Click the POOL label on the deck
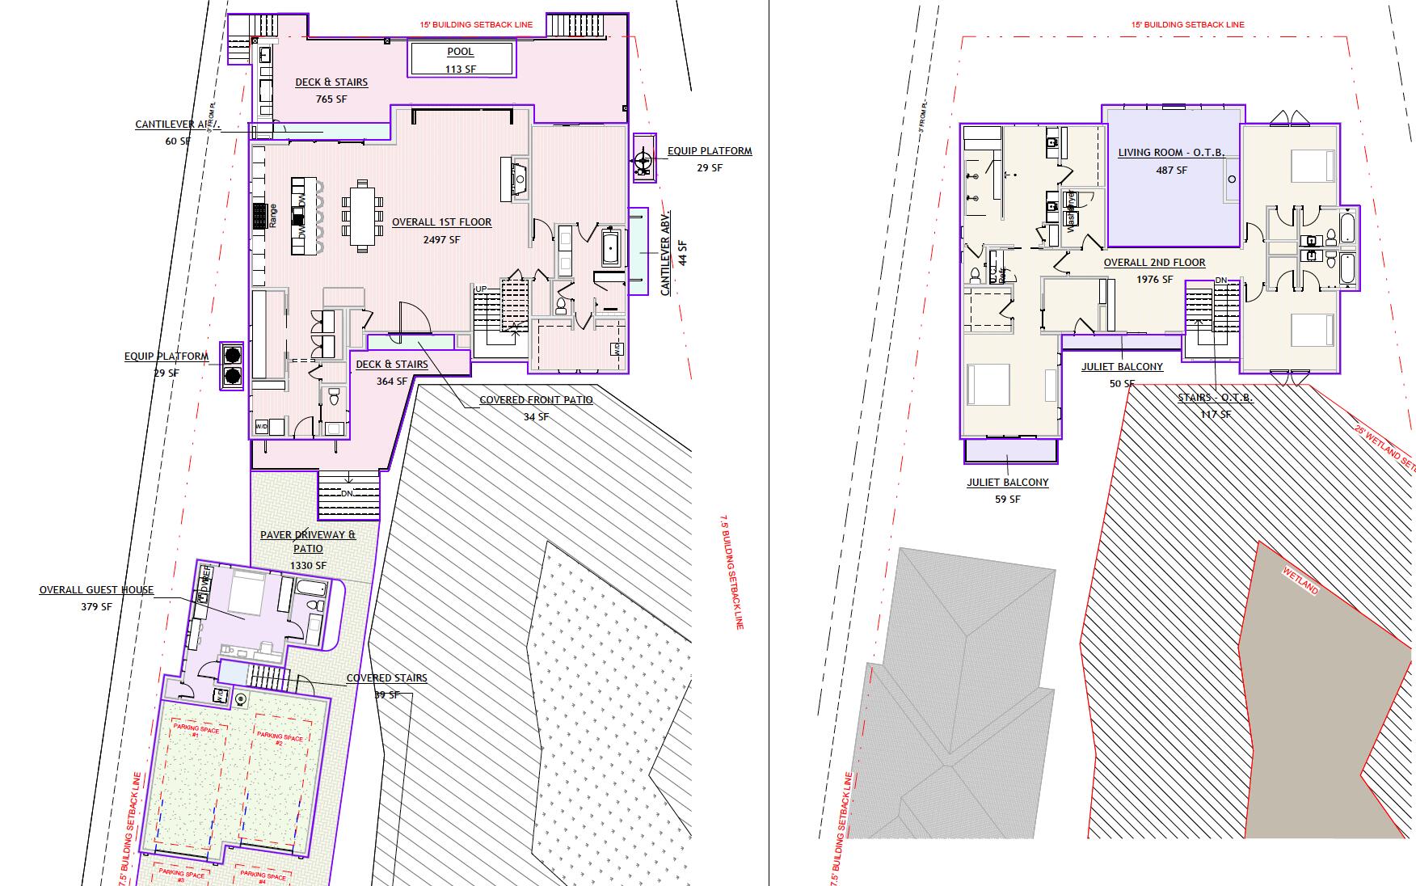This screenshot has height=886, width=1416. pos(460,52)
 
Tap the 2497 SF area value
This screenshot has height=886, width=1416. pos(441,240)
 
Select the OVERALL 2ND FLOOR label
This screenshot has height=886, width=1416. pos(1154,263)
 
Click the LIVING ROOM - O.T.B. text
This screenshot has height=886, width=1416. pos(1171,153)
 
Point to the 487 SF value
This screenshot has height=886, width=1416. pos(1171,170)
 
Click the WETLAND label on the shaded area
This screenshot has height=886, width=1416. pos(1300,580)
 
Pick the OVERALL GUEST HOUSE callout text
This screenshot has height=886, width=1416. pos(96,590)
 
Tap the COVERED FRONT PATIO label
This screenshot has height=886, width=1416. pos(536,400)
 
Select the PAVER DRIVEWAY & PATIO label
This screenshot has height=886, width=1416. pos(307,542)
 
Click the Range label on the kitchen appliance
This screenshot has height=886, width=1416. pos(273,215)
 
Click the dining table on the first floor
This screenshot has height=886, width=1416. pos(362,216)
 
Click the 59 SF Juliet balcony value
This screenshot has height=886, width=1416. pos(1007,500)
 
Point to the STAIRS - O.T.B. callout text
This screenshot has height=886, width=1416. pos(1215,398)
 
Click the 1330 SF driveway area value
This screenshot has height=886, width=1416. pos(310,566)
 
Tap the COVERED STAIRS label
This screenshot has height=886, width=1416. pos(386,678)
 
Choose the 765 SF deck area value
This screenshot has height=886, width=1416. pos(331,99)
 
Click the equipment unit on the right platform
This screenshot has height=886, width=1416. pos(643,162)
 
